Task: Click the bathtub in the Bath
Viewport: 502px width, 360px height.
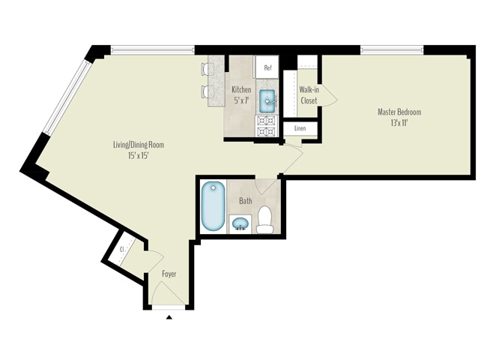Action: pos(213,205)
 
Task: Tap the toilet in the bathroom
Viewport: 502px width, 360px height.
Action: pos(264,220)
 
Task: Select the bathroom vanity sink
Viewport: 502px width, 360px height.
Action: pos(240,223)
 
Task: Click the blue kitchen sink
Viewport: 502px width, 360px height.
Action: pos(267,101)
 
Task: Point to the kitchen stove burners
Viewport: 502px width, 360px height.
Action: pos(267,126)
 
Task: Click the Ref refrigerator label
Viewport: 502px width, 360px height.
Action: pos(268,67)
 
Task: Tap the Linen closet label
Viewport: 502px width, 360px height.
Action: pos(300,128)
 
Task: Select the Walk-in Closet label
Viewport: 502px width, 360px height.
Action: pos(309,95)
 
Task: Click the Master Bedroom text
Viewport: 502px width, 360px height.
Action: pos(399,112)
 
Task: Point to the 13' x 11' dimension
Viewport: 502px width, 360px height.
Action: pos(399,123)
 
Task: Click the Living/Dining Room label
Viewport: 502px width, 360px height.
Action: pos(139,145)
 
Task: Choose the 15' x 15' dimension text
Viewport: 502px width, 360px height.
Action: pos(139,156)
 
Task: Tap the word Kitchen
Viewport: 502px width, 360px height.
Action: pos(241,89)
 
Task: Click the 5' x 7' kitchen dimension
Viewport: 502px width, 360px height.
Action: pos(241,100)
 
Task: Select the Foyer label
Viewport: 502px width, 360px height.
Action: pos(169,274)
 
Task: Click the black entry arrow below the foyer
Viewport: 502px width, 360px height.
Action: pos(169,317)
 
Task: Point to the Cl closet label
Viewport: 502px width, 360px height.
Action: pos(121,249)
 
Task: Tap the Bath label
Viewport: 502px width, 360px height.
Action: pos(246,201)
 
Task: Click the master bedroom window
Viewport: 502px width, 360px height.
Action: pos(392,50)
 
